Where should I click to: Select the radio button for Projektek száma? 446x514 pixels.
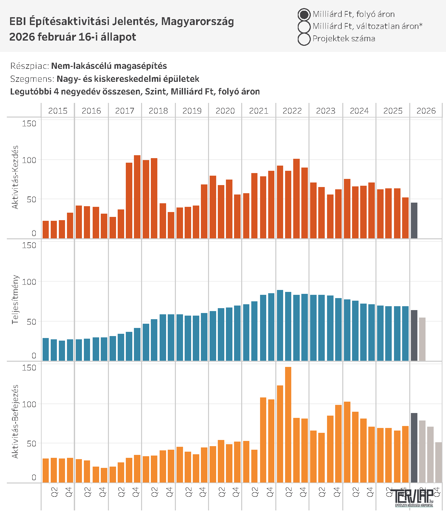(304, 39)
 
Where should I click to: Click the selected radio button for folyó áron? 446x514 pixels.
(304, 15)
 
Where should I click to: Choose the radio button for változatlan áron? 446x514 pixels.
(304, 27)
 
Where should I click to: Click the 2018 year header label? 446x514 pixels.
(158, 111)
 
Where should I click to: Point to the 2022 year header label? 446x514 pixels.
(292, 111)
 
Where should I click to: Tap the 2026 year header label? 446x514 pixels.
(426, 111)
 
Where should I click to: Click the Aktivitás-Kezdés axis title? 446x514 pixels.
(15, 177)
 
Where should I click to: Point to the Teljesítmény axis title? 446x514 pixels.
(15, 299)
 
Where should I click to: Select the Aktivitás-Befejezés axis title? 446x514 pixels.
(15, 421)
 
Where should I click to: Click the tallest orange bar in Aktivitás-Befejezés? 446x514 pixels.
(288, 425)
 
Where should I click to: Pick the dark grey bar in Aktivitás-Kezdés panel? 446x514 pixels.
(414, 221)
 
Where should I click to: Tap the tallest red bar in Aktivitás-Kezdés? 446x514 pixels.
(137, 197)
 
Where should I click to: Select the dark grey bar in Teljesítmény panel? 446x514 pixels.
(414, 335)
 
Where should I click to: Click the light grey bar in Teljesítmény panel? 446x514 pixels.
(422, 339)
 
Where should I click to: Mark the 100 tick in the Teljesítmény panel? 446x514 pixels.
(29, 282)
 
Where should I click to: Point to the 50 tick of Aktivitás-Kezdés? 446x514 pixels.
(32, 199)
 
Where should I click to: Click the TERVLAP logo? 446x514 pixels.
(414, 498)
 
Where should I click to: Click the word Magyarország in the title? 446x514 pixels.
(198, 21)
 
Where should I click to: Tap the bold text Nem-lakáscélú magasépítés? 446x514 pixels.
(109, 66)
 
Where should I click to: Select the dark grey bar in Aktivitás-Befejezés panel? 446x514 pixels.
(414, 448)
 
